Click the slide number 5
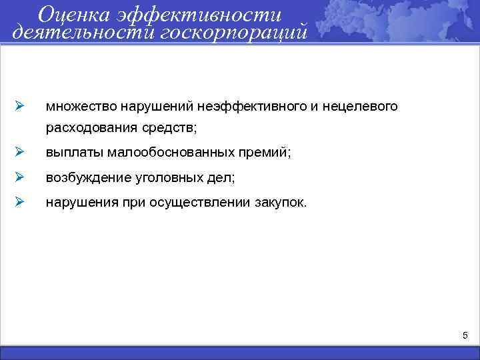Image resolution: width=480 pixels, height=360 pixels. tap(465, 334)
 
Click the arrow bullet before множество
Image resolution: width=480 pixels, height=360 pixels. tap(20, 106)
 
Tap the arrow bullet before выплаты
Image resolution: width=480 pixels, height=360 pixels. tap(20, 153)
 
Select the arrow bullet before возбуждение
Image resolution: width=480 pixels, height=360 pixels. tap(20, 178)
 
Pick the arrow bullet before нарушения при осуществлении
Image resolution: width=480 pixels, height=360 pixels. tap(20, 203)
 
